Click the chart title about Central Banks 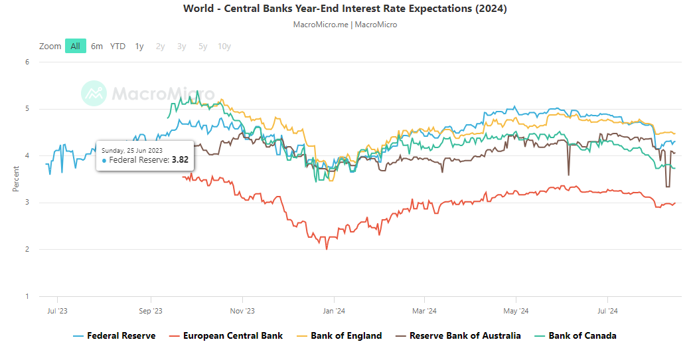click(x=345, y=9)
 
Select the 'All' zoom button click(x=76, y=46)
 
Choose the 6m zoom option click(x=97, y=46)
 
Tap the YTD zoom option click(x=117, y=46)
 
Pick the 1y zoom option click(x=139, y=46)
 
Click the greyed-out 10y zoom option click(x=224, y=46)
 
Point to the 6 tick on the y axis click(x=27, y=62)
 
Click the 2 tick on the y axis click(x=27, y=250)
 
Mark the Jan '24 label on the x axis click(x=333, y=310)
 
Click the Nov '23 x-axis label click(x=242, y=310)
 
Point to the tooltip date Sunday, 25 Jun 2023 click(x=131, y=150)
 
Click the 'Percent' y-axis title click(x=16, y=179)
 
